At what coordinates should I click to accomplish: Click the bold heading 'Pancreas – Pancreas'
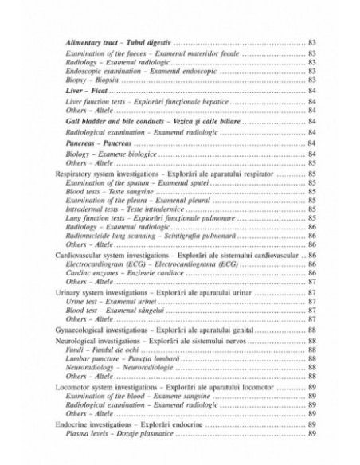tap(104, 143)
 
